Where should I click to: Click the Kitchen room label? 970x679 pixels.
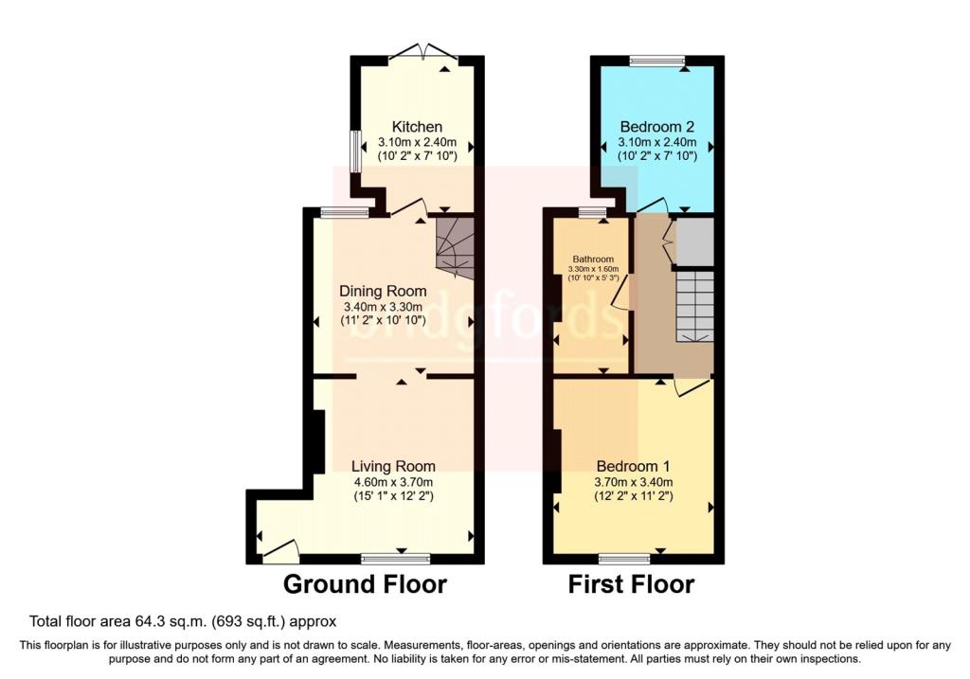click(417, 127)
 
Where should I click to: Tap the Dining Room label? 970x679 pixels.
click(384, 291)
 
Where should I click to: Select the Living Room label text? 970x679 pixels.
click(393, 466)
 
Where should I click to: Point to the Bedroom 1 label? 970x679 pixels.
click(633, 466)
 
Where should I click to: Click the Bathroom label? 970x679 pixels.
click(593, 259)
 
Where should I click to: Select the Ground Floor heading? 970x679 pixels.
click(365, 584)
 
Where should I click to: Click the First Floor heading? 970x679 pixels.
click(631, 584)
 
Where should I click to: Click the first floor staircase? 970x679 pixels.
click(693, 305)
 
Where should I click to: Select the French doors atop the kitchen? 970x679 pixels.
click(423, 52)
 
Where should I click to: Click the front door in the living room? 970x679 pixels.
click(280, 549)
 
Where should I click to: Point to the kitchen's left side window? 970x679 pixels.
click(355, 152)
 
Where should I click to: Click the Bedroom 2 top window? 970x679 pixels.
click(657, 61)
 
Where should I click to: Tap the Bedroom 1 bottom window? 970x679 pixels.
click(623, 558)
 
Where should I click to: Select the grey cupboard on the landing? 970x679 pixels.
click(694, 241)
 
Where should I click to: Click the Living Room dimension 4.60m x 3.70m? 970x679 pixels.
click(393, 481)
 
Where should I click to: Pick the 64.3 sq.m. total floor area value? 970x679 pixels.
click(154, 622)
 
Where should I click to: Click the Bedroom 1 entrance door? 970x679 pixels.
click(692, 386)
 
